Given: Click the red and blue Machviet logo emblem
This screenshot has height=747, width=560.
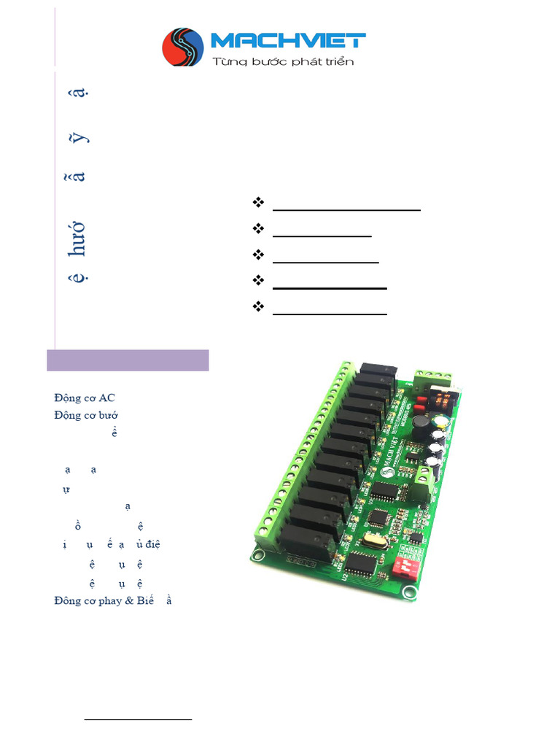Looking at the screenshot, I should (x=183, y=47).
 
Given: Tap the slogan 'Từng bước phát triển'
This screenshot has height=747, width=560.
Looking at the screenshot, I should (x=283, y=61).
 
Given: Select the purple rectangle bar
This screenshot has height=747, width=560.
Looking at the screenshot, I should (x=128, y=360).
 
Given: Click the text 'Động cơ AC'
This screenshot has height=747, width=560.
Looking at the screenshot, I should (x=84, y=398).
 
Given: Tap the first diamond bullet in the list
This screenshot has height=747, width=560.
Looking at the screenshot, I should (x=257, y=202).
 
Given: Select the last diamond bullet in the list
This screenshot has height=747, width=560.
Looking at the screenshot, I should (x=257, y=306).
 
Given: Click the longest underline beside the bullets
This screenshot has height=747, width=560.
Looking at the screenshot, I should (x=346, y=209).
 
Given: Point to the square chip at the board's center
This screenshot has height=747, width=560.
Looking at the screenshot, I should (x=379, y=518).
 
